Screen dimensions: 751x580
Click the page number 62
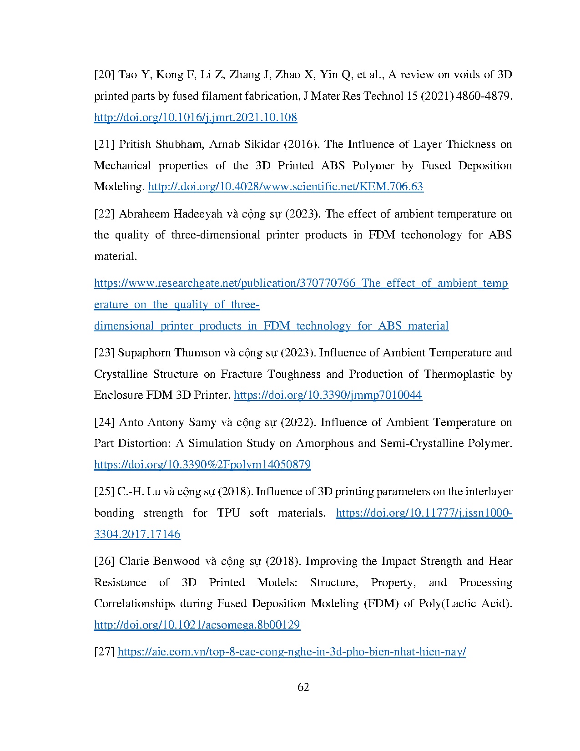pyautogui.click(x=303, y=687)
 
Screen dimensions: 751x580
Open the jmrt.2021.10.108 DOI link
pyautogui.click(x=195, y=117)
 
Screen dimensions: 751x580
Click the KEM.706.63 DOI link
pyautogui.click(x=286, y=187)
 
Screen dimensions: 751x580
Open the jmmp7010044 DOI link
pyautogui.click(x=328, y=395)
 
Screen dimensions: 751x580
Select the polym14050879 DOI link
pyautogui.click(x=202, y=465)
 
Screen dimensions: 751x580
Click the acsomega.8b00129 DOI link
pyautogui.click(x=197, y=625)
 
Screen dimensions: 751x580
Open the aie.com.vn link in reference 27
pyautogui.click(x=292, y=652)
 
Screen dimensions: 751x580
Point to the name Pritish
pyautogui.click(x=135, y=144)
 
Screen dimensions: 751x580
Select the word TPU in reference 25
pyautogui.click(x=228, y=513)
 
